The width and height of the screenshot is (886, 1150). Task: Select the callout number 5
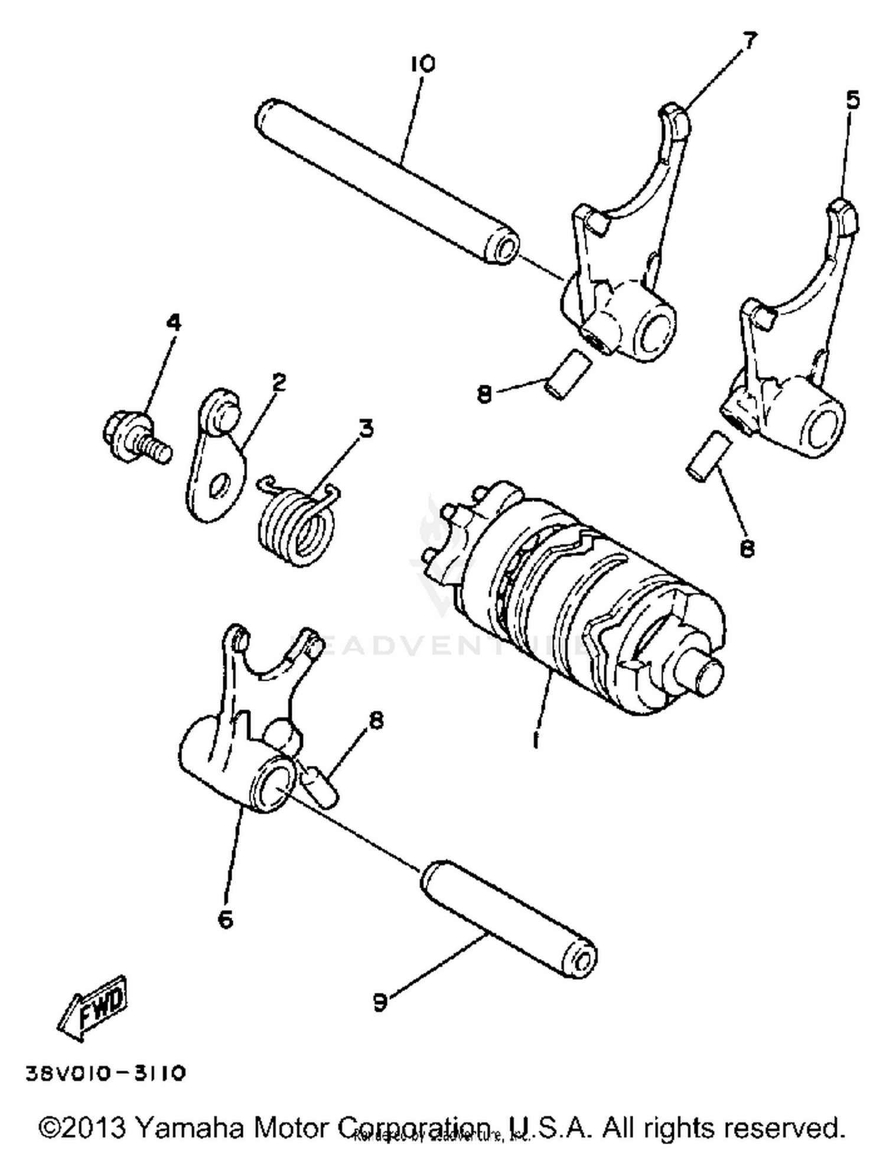(x=852, y=100)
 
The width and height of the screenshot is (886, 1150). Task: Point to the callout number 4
(x=173, y=323)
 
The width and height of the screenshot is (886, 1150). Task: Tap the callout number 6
(x=225, y=919)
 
